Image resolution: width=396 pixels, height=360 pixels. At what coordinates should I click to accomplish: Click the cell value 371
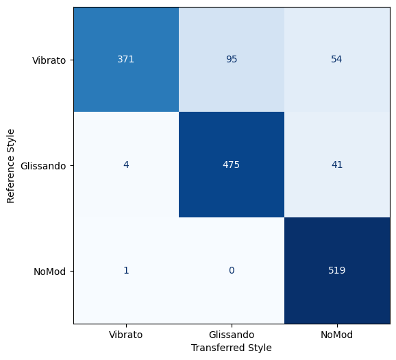tap(126, 59)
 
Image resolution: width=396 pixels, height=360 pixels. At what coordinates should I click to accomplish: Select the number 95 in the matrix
tap(232, 59)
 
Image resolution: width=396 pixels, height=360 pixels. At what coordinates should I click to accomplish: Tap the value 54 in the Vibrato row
tap(336, 59)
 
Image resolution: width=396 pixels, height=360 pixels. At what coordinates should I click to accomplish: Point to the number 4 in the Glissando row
tap(126, 165)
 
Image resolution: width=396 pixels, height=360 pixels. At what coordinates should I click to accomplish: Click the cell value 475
tap(232, 165)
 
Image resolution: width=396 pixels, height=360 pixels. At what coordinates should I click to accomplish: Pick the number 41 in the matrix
tap(337, 165)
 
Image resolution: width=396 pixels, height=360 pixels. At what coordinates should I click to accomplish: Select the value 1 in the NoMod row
tap(126, 270)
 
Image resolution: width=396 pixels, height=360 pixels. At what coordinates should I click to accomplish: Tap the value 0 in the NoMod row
tap(232, 270)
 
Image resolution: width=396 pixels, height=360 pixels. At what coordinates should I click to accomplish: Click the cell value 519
tap(337, 270)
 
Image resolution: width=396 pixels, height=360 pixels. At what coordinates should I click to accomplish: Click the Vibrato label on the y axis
tap(49, 60)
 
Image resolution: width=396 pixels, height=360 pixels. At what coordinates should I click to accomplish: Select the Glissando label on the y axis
tap(43, 166)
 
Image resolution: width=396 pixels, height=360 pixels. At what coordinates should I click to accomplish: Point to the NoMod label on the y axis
tap(50, 272)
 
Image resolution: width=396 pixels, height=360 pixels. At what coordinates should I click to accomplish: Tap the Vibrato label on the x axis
tap(126, 335)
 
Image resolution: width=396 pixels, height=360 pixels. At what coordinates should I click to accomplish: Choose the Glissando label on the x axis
tap(232, 335)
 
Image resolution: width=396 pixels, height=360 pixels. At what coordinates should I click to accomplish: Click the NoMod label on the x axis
tap(336, 335)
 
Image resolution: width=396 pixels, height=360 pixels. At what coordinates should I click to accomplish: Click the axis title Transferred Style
tap(232, 348)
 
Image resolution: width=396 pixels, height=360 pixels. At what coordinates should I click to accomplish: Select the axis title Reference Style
tap(10, 166)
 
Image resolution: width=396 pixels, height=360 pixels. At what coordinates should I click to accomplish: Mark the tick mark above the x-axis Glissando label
tap(232, 326)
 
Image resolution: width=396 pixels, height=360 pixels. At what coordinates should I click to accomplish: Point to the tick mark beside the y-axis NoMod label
tap(72, 272)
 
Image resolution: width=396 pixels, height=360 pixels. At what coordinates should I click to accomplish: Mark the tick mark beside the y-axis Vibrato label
tap(72, 60)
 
